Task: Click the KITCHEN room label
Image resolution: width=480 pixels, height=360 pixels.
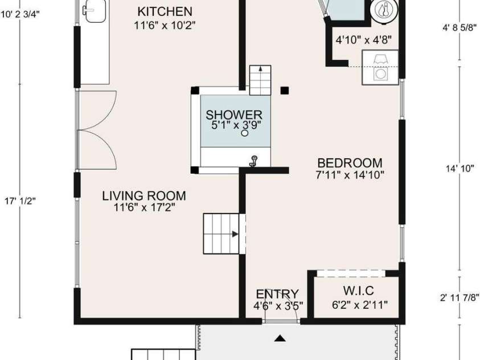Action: coord(165,11)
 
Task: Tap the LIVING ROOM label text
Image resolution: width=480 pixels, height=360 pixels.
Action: coord(144,196)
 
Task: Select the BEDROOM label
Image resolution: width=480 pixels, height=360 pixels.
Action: coord(350,163)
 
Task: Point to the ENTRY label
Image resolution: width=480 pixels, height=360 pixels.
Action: coord(277,294)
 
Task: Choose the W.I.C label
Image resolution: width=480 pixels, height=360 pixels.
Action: coord(359,292)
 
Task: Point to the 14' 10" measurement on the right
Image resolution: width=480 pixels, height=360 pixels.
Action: coord(460,169)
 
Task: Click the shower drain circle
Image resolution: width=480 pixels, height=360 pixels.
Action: coord(245,134)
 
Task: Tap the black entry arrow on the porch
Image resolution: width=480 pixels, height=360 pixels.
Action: coord(280,339)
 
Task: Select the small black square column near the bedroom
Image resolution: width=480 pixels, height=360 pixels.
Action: coord(285,89)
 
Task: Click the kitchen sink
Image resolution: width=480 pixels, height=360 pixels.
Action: coord(91,10)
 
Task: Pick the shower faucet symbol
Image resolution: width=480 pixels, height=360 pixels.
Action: coord(253,161)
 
